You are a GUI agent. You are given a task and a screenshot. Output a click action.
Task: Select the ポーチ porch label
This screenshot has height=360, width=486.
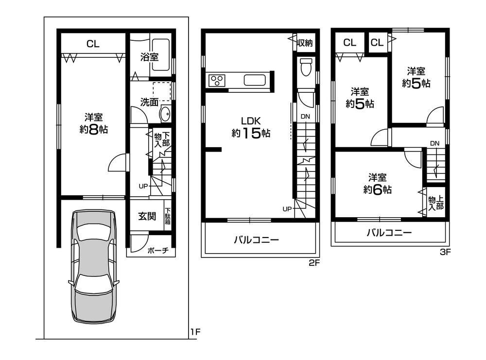tap(158, 251)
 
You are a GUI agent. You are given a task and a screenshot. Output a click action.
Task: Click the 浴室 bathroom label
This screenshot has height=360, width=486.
tap(149, 57)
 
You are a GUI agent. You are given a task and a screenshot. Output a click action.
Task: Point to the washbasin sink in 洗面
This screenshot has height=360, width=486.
tap(165, 113)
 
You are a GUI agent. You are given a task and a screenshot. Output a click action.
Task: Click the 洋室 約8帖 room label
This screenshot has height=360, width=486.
tap(93, 123)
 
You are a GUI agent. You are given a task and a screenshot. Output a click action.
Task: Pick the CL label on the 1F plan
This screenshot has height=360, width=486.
tap(93, 44)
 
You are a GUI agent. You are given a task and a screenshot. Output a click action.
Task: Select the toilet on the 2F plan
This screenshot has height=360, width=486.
tap(306, 68)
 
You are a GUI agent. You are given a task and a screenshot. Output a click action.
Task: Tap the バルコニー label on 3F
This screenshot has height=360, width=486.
tap(389, 233)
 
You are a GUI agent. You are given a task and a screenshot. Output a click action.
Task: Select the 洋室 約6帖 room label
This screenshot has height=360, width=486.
tap(377, 184)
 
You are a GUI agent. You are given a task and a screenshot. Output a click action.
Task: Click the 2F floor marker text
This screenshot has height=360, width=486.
tap(314, 264)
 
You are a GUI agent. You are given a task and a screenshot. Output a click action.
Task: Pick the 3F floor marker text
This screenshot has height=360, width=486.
tap(445, 252)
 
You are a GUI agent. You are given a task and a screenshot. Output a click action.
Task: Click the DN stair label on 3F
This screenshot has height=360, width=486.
tap(434, 143)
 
